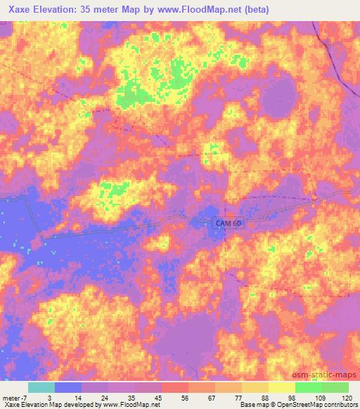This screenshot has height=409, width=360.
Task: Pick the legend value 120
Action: point(347,397)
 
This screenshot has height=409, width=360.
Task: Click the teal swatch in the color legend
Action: point(41,387)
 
